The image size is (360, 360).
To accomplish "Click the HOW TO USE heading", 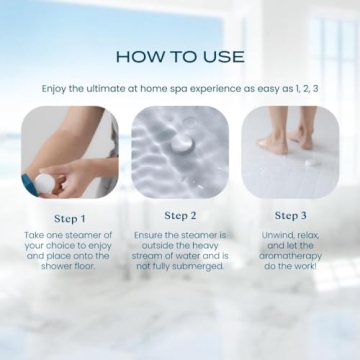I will pyautogui.click(x=180, y=56).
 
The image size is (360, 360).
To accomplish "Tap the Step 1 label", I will pyautogui.click(x=70, y=216).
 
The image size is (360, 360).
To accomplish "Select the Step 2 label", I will pyautogui.click(x=180, y=216).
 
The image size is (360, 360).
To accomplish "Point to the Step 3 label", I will pyautogui.click(x=290, y=216).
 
